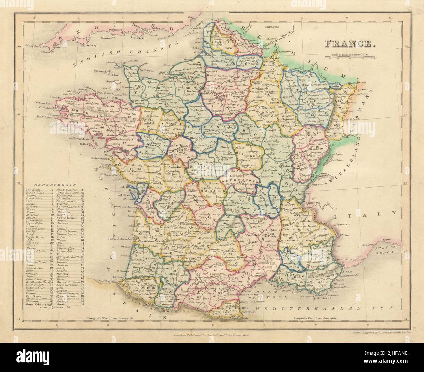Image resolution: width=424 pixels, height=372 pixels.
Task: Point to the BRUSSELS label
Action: tap(273, 27)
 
